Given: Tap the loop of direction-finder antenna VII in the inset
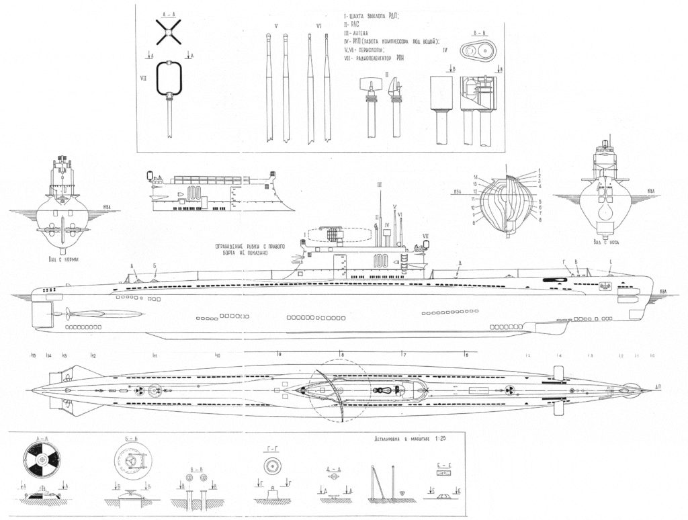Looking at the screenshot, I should click(171, 77).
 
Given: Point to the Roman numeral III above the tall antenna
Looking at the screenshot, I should click(380, 184).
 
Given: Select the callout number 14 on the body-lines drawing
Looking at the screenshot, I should click(474, 176).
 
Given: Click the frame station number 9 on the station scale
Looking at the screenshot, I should click(279, 354).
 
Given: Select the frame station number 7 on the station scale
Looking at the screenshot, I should click(404, 354).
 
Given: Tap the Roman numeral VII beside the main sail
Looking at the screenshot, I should click(425, 235).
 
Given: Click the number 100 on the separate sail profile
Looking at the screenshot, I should click(195, 193).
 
